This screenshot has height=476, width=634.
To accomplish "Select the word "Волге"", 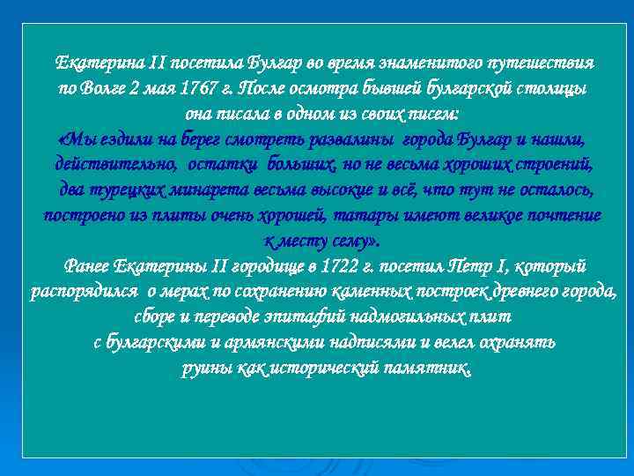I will [x=107, y=89].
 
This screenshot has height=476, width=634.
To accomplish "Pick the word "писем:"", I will [x=432, y=115].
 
